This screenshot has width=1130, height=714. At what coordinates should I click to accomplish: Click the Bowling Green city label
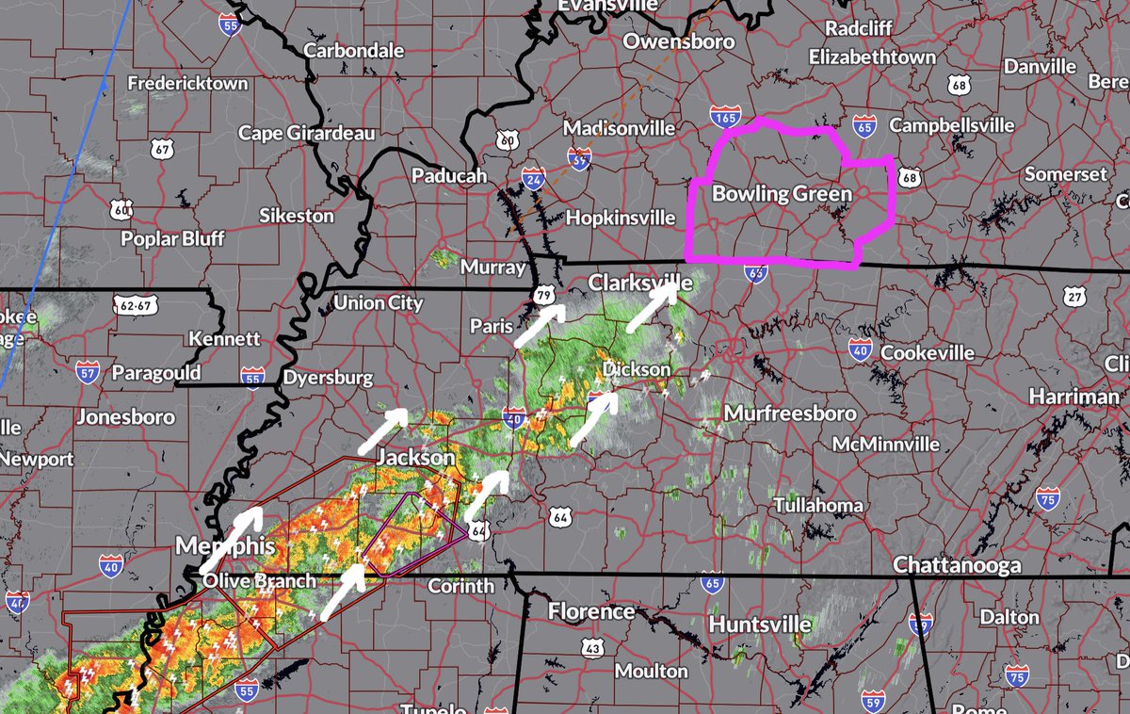tap(782, 195)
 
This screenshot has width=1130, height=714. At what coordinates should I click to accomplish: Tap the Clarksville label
tap(640, 283)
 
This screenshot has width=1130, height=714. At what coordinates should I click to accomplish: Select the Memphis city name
tap(226, 547)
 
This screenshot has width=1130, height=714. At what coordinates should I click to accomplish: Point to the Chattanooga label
tap(957, 566)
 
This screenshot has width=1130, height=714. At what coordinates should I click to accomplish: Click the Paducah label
tap(449, 176)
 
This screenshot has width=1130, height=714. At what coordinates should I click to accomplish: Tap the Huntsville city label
tap(760, 625)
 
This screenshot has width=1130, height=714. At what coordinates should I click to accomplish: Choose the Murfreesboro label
tap(790, 414)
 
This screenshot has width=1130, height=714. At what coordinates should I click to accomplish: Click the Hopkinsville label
tap(621, 218)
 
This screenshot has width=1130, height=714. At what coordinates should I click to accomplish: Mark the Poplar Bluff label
tap(172, 238)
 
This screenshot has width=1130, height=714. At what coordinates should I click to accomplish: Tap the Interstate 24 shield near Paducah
tap(533, 176)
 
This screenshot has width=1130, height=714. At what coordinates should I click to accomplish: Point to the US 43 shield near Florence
tap(592, 647)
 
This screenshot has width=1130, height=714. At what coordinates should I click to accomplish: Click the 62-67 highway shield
tap(136, 305)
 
